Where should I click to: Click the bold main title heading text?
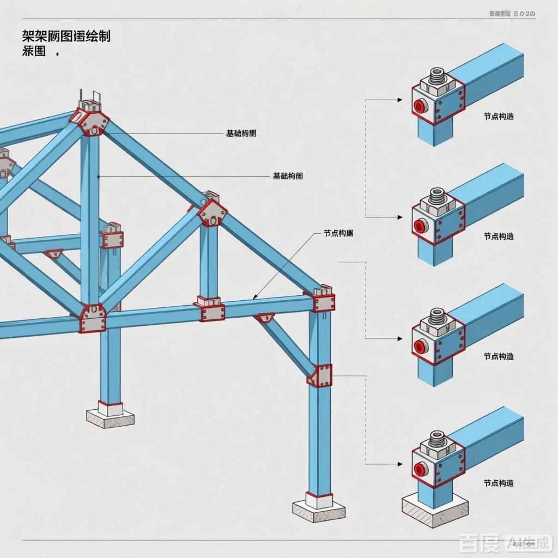[x=66, y=37]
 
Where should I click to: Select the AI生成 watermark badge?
[x=528, y=543]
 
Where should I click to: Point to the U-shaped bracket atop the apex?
[x=89, y=101]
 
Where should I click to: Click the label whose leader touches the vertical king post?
[x=288, y=176]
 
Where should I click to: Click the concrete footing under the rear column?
[x=110, y=417]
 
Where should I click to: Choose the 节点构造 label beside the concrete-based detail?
[x=498, y=483]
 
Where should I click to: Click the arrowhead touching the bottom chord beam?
[x=254, y=298]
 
